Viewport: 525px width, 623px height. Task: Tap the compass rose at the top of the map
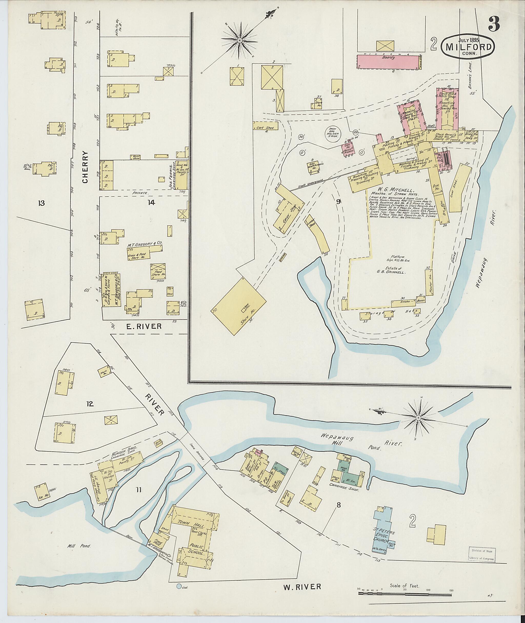point(240,40)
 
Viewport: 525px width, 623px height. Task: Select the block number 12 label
point(90,404)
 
